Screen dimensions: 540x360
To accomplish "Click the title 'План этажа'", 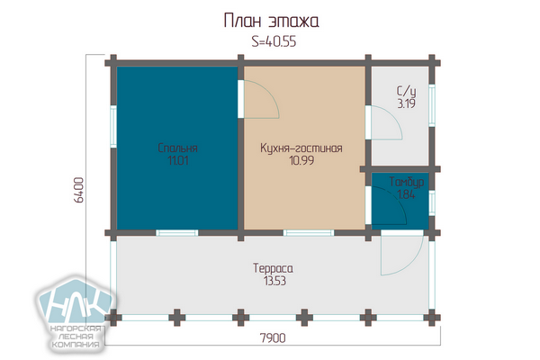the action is [271, 21].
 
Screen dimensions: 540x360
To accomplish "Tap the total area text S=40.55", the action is [274, 41].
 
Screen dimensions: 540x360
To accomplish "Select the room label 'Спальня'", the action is [177, 148].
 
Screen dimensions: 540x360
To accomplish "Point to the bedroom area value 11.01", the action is [178, 160].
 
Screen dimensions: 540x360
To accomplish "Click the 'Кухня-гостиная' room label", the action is [301, 148].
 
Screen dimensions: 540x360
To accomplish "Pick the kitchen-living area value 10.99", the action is [301, 160].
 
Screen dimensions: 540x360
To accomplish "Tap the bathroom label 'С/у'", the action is [407, 91].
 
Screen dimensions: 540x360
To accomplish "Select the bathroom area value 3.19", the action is [407, 103].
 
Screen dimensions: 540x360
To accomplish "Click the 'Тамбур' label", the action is [407, 182].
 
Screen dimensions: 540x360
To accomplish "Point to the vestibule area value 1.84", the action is [407, 194].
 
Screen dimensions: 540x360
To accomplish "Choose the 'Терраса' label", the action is [273, 268].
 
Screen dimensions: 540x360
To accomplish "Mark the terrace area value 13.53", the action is [274, 281].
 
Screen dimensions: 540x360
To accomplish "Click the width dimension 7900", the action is [273, 338].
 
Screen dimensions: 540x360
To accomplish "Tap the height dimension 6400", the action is [79, 190].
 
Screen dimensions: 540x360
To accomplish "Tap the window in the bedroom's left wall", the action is [113, 126].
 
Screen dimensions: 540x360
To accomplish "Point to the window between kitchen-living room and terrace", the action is [309, 233].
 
